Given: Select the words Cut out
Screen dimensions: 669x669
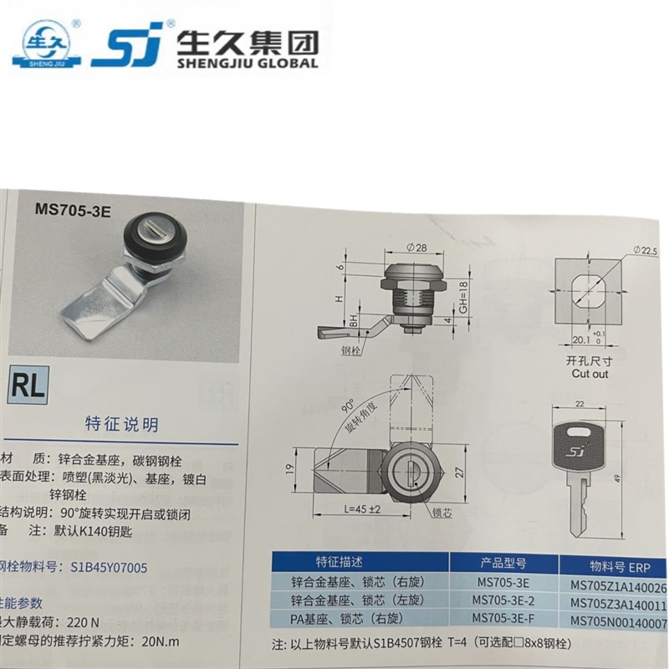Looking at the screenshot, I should [x=590, y=374].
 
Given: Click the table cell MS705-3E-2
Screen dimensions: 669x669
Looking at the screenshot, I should [x=506, y=600].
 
